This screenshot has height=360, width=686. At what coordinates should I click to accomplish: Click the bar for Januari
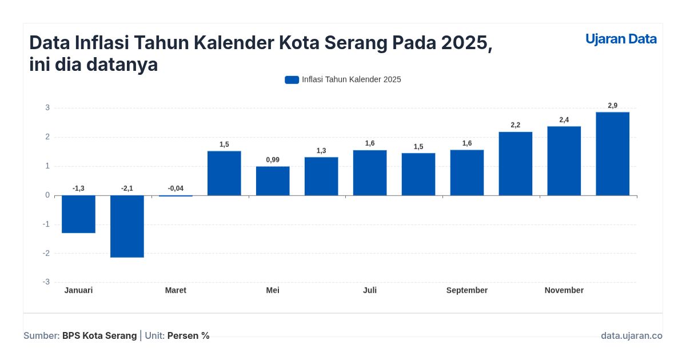[78, 214]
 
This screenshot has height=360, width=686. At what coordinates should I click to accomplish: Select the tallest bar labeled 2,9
[612, 154]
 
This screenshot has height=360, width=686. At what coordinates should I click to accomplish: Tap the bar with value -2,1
[127, 226]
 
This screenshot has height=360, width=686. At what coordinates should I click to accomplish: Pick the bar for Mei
[273, 181]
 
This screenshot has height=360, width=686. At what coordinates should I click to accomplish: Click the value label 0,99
[273, 159]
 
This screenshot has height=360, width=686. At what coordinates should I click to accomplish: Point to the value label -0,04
[176, 188]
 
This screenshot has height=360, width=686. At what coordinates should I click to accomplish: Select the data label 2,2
[515, 125]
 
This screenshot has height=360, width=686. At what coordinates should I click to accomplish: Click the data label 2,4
[564, 119]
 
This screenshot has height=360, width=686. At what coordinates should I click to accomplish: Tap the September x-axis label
[467, 290]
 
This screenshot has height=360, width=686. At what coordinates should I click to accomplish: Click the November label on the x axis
[564, 290]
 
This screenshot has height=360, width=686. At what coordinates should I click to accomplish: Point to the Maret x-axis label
[176, 290]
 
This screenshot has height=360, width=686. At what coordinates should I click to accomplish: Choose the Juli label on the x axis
[370, 290]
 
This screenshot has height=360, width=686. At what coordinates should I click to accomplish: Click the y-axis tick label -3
[46, 282]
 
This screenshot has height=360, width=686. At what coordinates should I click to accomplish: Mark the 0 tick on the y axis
[47, 195]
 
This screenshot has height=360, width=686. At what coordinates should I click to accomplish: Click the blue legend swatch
[292, 79]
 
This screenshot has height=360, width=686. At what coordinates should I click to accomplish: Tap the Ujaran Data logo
[621, 39]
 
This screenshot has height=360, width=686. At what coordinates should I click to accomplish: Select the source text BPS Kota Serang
[99, 335]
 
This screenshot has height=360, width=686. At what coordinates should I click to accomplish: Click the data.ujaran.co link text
[631, 335]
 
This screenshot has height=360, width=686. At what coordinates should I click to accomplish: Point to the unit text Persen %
[188, 335]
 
